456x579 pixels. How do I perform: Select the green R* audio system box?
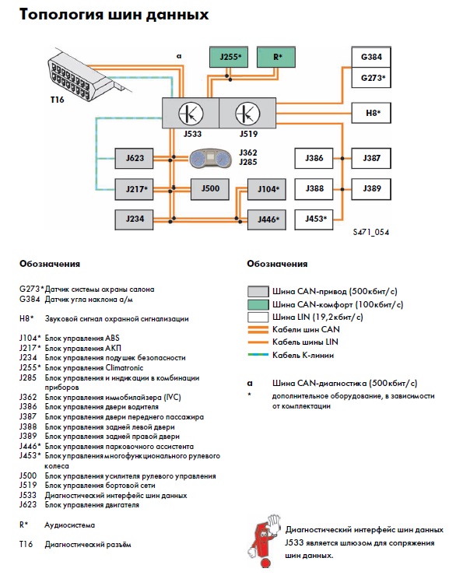click(275, 57)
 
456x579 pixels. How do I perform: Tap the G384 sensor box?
click(371, 57)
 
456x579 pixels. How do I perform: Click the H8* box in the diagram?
click(371, 113)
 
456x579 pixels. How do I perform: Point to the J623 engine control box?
click(134, 159)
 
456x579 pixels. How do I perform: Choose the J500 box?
click(210, 188)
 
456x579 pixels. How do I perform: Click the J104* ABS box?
click(267, 189)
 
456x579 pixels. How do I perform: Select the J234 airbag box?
click(134, 219)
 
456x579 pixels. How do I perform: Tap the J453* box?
click(314, 219)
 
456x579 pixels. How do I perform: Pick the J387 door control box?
click(371, 158)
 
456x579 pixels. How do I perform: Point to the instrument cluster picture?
click(210, 159)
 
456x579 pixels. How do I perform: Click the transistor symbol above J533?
click(191, 114)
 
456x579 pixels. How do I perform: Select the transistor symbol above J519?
click(247, 114)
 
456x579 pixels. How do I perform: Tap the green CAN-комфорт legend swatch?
click(258, 304)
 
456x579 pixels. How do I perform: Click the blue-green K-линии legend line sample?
click(258, 355)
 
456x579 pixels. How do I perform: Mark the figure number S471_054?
click(370, 232)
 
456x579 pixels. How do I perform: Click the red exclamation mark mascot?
click(264, 540)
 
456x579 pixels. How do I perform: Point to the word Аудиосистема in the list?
click(69, 525)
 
